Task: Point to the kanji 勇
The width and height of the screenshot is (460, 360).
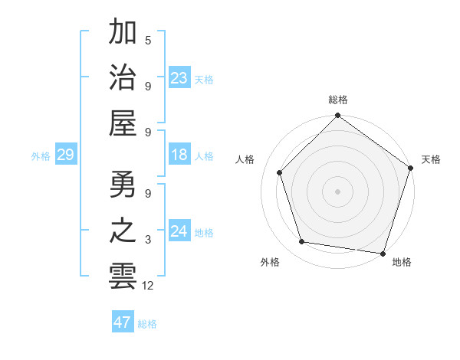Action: pos(123,185)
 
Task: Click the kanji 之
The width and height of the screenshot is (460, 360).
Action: pos(123,231)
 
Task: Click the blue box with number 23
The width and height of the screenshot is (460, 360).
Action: pos(179,77)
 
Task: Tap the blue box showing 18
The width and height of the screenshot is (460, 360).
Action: pos(179,155)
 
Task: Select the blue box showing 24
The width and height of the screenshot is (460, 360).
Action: pos(179,231)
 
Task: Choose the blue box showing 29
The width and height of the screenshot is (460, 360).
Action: pos(65,155)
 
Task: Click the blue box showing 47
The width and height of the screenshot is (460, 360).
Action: pos(123,322)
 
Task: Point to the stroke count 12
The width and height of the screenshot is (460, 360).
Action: pos(149,286)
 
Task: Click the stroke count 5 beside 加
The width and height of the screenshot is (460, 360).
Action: pos(148,40)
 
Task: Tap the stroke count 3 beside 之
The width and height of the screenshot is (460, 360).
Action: pos(148,240)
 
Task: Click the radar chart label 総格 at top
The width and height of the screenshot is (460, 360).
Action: pos(338,100)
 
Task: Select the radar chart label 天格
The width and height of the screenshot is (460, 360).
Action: pos(432,159)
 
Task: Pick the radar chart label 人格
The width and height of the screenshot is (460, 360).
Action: pos(245,159)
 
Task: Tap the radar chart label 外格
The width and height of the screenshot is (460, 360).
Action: pos(270,263)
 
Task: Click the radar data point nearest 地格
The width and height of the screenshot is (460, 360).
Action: pos(383,253)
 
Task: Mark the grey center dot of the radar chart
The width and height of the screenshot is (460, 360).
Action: pos(337,191)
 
